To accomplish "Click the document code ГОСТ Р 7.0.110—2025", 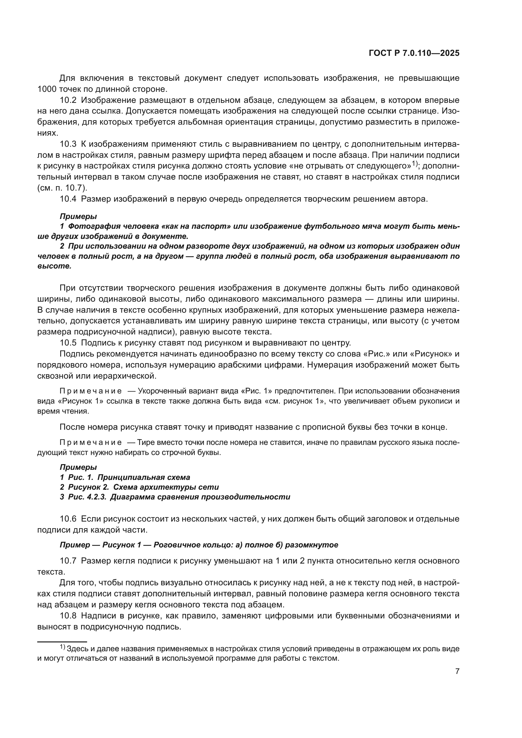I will coord(414,53).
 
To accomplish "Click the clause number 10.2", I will coord(68,100).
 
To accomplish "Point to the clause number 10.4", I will coord(68,199).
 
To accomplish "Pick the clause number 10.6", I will coord(68,519).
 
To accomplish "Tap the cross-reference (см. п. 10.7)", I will coord(62,188).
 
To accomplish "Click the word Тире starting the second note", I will coord(145,443).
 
